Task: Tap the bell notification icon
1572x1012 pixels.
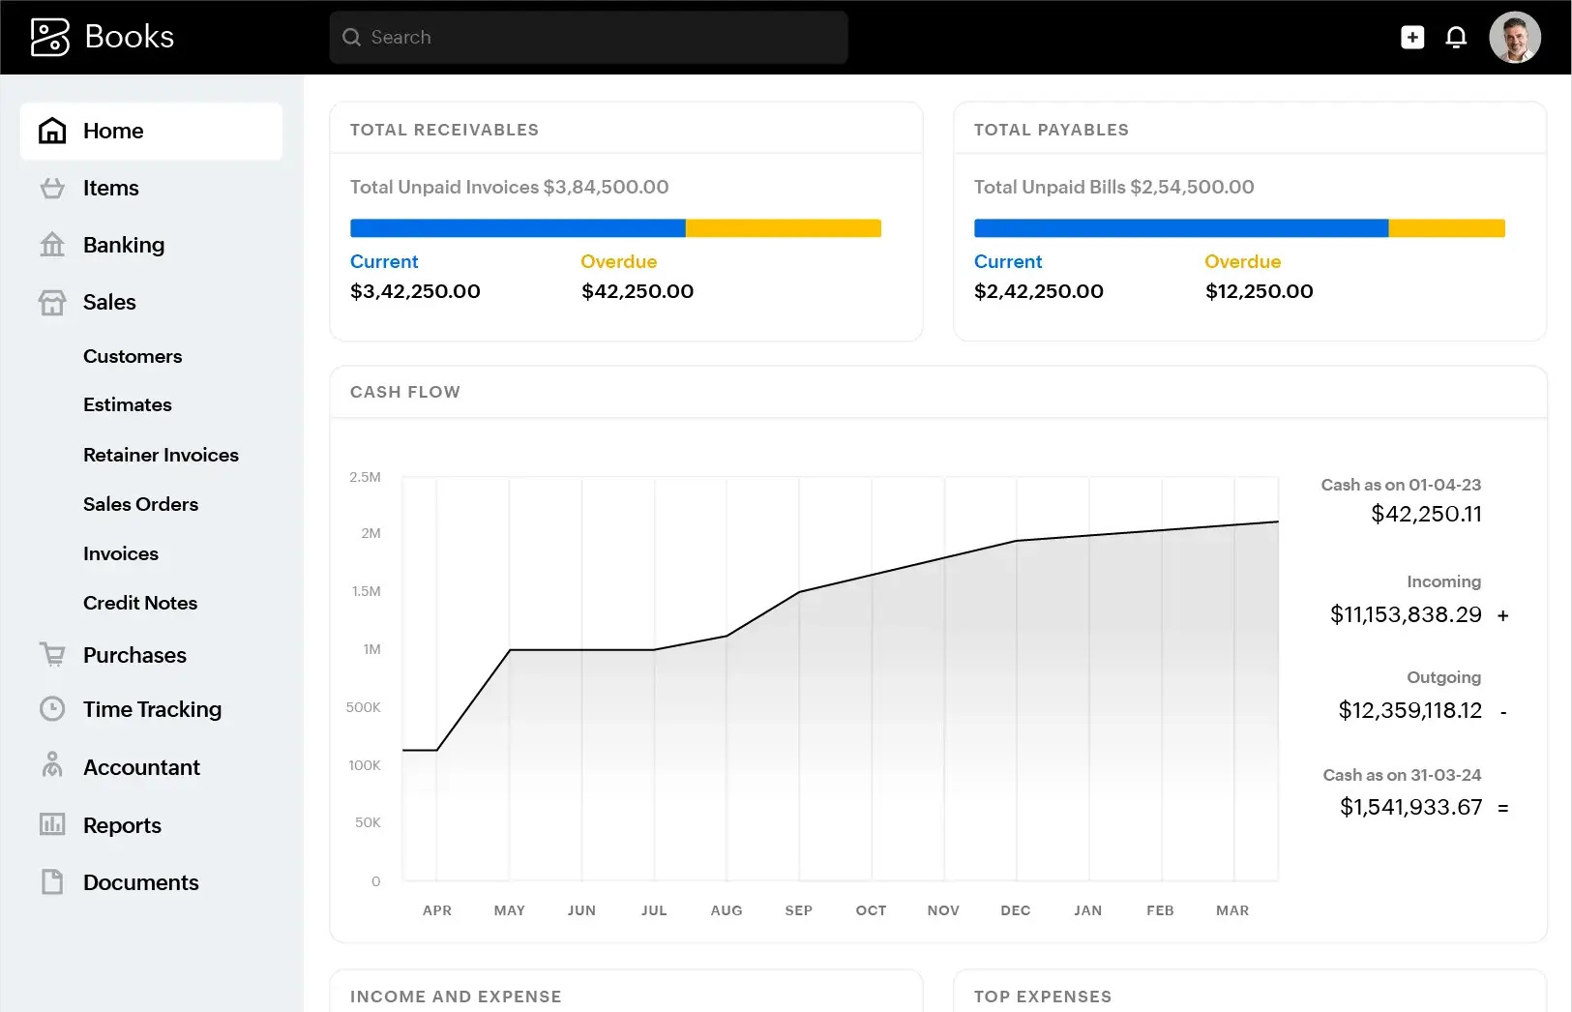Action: [x=1456, y=38]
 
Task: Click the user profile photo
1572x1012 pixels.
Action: [x=1514, y=38]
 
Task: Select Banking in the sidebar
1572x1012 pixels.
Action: [x=123, y=245]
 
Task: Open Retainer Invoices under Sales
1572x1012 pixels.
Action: [x=161, y=455]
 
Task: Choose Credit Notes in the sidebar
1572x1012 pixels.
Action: [x=140, y=603]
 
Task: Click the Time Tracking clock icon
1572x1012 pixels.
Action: [x=52, y=709]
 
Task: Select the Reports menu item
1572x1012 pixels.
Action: [x=122, y=825]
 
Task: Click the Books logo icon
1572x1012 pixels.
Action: [x=50, y=38]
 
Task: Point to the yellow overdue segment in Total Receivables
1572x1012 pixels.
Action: [x=783, y=228]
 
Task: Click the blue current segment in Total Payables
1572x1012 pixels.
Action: [x=1180, y=228]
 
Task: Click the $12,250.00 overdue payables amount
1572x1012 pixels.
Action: [x=1259, y=291]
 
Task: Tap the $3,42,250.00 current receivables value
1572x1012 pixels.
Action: [x=415, y=291]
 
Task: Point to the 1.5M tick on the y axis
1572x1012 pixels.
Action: [x=366, y=591]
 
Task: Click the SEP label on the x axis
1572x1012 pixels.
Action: [x=798, y=910]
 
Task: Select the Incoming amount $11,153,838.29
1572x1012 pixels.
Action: [x=1406, y=614]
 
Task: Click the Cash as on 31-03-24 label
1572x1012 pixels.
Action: [x=1402, y=775]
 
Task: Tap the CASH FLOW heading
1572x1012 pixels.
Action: [x=404, y=392]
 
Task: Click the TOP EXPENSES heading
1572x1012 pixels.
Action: [x=1042, y=997]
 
